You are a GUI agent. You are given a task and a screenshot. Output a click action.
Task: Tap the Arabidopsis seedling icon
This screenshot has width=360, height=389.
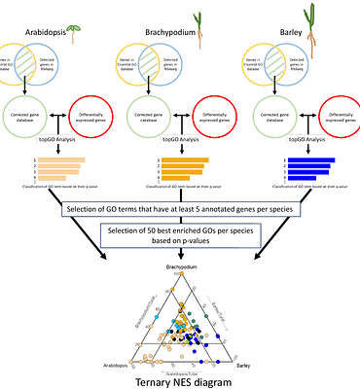[90, 11]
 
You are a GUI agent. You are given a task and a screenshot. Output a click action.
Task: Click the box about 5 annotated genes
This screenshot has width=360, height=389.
[180, 209]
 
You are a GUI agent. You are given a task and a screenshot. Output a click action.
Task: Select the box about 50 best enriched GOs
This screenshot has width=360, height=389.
[180, 236]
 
